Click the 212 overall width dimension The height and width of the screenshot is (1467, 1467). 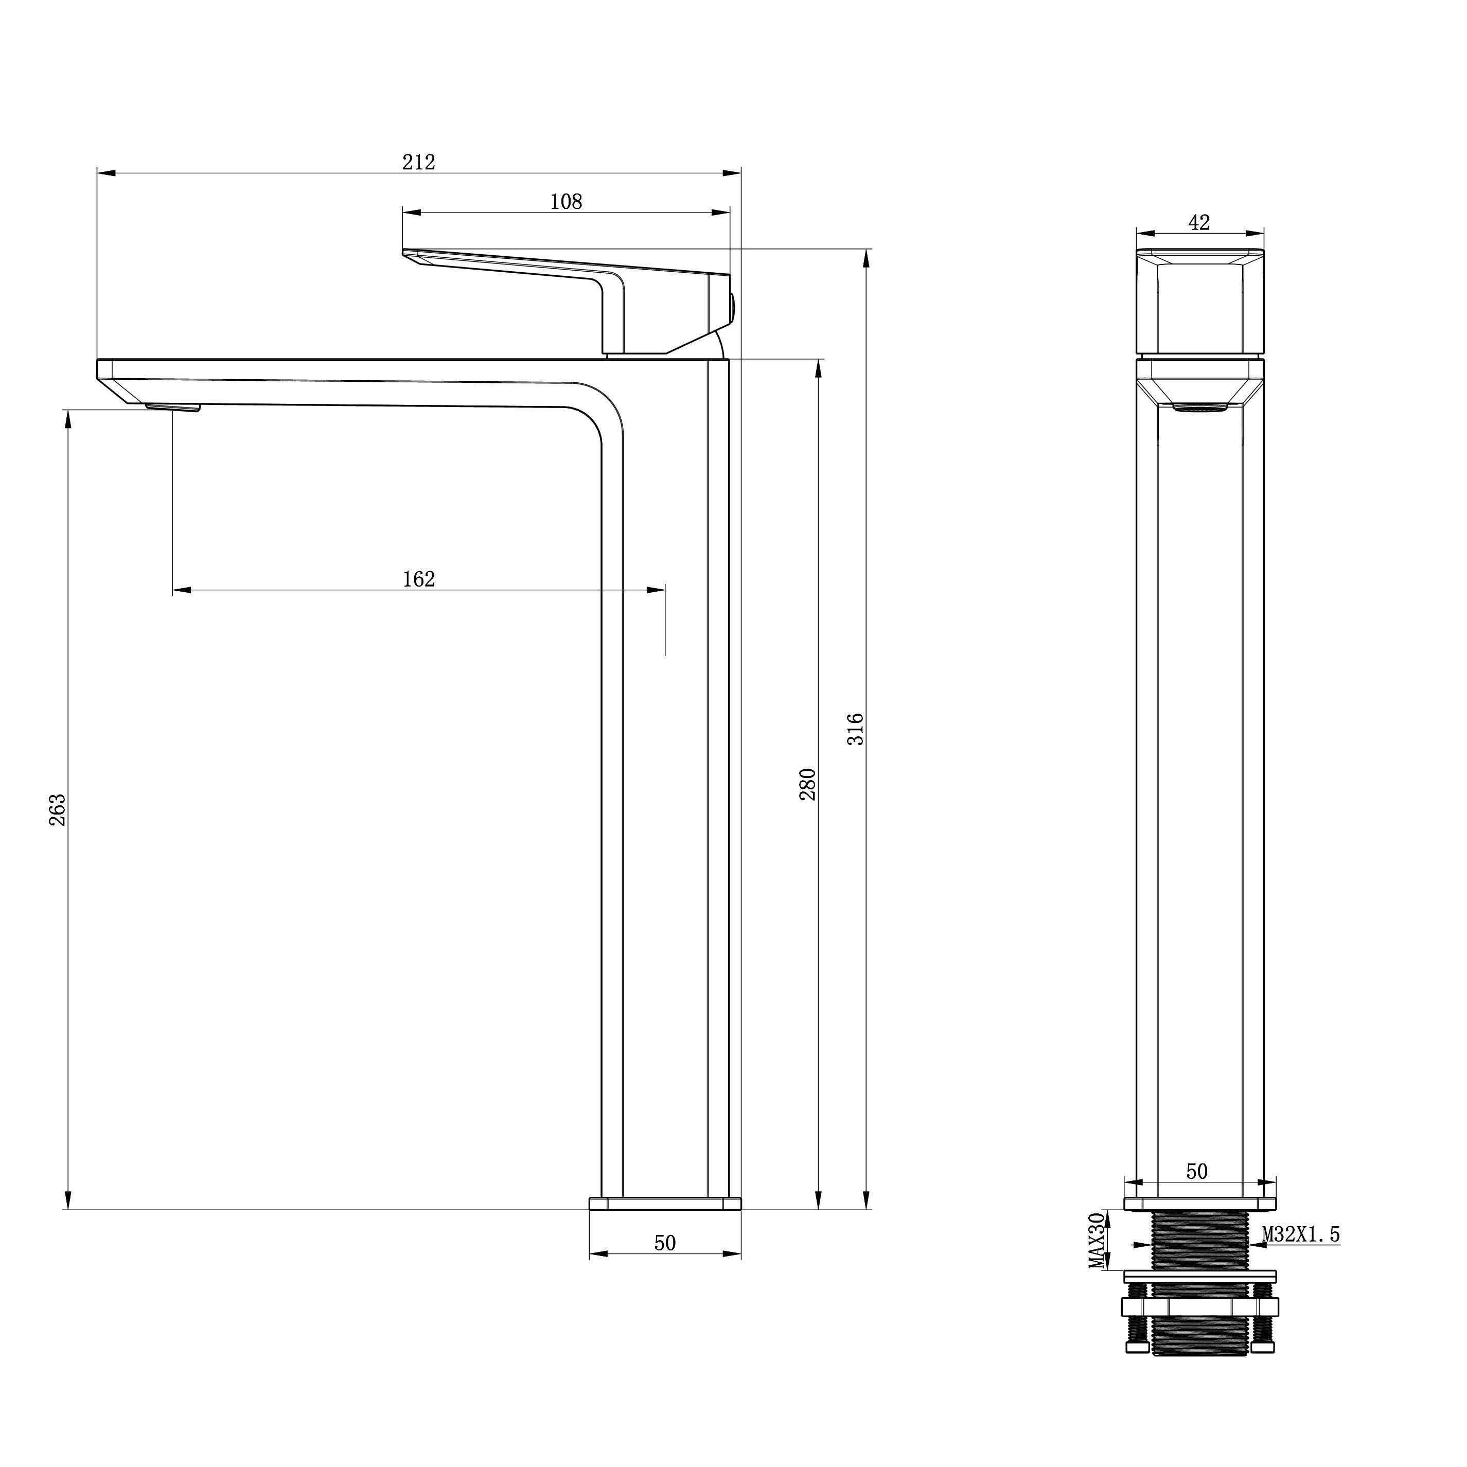coord(418,162)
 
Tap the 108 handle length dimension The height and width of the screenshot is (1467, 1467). coord(565,201)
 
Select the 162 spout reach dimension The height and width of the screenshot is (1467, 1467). coord(418,579)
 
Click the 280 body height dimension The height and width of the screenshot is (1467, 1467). coord(807,784)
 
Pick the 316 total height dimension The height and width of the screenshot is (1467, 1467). coord(856,729)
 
